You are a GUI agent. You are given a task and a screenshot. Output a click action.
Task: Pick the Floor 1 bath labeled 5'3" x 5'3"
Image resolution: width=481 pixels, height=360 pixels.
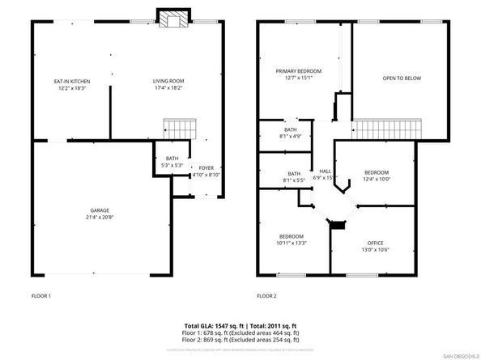pos(172,162)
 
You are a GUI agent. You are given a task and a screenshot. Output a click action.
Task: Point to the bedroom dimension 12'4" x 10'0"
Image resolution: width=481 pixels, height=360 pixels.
pos(377,180)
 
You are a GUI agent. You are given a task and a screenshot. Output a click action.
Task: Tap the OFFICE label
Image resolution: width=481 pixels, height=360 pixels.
pos(377,244)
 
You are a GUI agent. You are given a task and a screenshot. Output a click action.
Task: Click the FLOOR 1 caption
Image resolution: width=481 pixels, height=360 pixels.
pos(42,296)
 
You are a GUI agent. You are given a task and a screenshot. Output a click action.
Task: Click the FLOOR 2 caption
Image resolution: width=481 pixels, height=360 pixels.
pos(267,296)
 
